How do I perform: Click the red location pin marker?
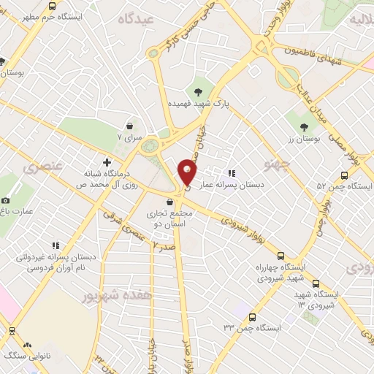point(188,172)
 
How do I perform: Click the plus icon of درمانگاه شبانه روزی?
point(107,161)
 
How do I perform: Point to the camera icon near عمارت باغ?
point(6,200)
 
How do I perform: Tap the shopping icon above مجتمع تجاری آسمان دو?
point(169,202)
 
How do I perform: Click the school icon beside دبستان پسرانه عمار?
point(232,173)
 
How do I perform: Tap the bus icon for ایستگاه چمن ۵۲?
point(345,175)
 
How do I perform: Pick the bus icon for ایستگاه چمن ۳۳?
point(252,318)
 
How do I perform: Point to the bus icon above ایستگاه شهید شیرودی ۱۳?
point(316,283)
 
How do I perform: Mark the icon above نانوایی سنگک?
point(28,344)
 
